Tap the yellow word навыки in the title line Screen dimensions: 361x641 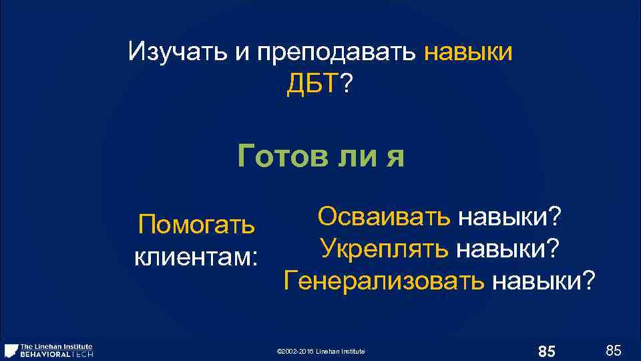468,51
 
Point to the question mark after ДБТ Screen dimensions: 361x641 347,84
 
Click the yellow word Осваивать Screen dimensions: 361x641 384,216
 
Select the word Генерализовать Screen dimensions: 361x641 384,280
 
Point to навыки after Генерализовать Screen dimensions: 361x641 542,280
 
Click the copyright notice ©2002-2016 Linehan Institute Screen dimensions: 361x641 320,351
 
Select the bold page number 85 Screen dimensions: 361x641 546,350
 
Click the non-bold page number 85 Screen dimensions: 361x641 613,350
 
